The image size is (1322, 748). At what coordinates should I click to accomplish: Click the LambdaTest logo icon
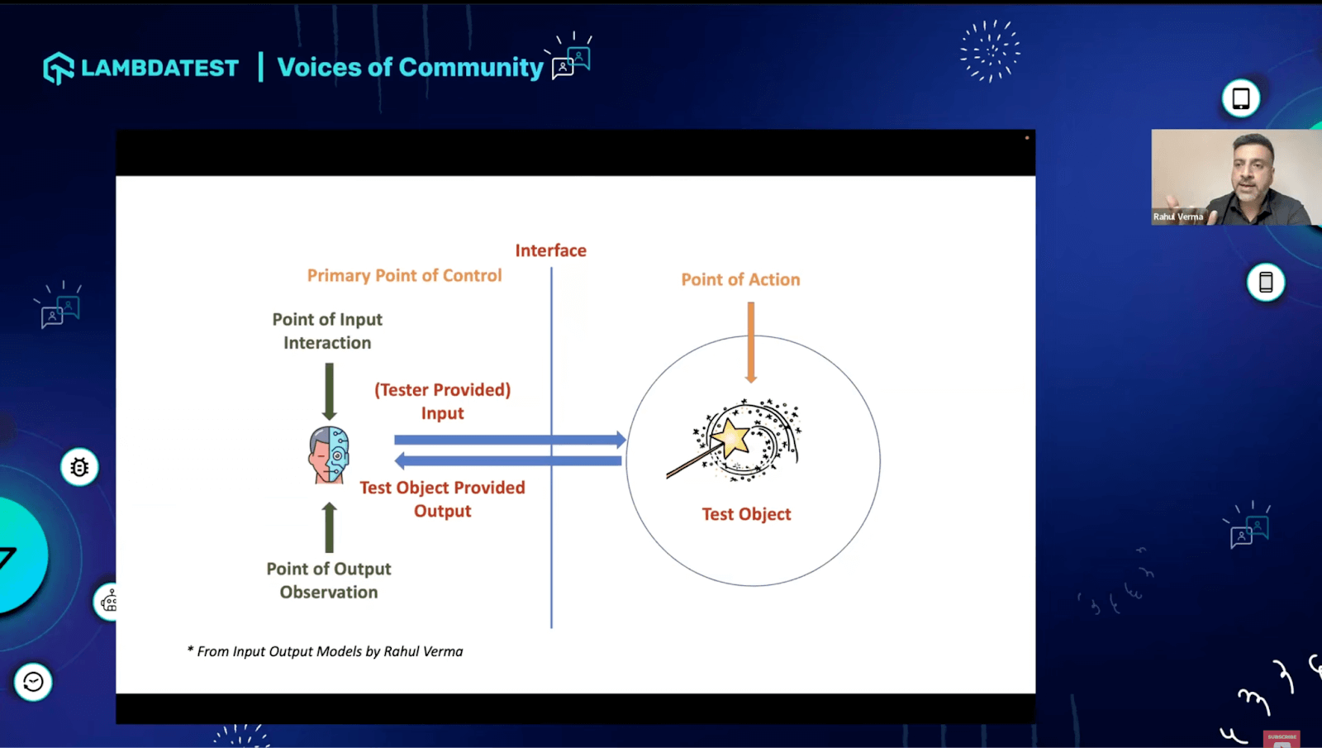pos(59,68)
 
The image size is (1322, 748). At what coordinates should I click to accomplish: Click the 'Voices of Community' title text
pos(410,68)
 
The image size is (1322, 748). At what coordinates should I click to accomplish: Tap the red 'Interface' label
pos(550,250)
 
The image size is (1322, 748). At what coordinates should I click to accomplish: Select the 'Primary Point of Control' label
pos(404,276)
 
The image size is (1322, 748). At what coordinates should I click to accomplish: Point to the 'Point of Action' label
pos(740,280)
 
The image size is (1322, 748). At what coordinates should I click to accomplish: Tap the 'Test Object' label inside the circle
pos(746,514)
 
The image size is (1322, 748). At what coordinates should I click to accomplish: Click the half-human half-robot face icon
pos(329,455)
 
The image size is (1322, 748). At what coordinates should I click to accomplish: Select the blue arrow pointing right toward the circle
pos(509,440)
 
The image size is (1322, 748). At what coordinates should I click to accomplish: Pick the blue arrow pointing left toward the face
pos(507,460)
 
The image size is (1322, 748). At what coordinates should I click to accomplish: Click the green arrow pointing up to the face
pos(329,526)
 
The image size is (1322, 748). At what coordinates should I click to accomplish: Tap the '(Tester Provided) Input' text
pos(442,402)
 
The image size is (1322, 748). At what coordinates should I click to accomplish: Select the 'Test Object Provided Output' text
pos(442,499)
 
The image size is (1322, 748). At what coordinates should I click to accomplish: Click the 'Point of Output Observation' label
pos(329,580)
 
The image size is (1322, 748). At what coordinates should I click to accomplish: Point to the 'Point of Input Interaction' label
pos(327,331)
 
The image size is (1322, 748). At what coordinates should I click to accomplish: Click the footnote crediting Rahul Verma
pos(326,651)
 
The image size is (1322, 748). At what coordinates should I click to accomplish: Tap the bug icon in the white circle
pos(79,468)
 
